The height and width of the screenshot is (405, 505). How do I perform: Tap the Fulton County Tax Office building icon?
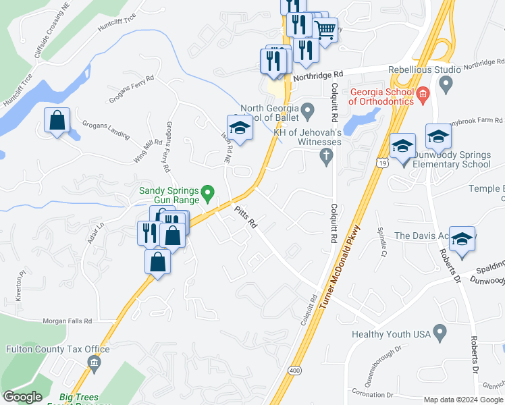pos(94,364)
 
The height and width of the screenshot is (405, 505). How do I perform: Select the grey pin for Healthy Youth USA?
pos(440,332)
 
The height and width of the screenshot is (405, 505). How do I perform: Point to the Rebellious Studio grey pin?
pos(445,84)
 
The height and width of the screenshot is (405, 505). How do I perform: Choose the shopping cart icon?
pos(325,30)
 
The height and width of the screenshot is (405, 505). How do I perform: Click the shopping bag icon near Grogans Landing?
pos(57,121)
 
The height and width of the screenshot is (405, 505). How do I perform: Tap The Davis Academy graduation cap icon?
pos(462,239)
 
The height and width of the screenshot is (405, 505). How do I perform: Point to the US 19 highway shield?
pos(383,163)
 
